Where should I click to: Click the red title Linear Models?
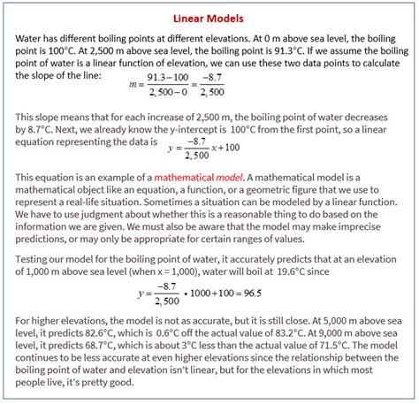pyautogui.click(x=209, y=19)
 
